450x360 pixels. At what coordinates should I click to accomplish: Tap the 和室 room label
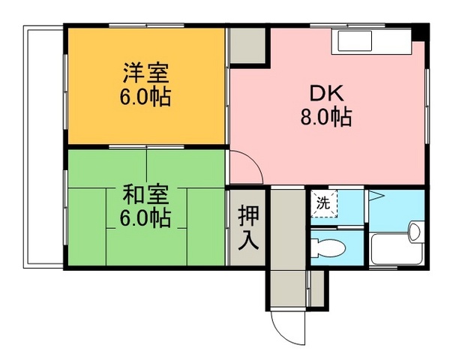coord(146,194)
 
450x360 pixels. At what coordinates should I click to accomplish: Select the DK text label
coord(327,94)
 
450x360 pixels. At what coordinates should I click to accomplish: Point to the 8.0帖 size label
coord(327,117)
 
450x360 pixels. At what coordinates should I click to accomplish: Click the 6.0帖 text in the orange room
coord(146,97)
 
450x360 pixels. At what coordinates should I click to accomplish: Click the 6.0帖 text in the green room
coord(146,218)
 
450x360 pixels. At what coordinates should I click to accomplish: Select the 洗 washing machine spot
coord(323,202)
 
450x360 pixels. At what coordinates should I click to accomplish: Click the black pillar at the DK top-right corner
coord(423,31)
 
